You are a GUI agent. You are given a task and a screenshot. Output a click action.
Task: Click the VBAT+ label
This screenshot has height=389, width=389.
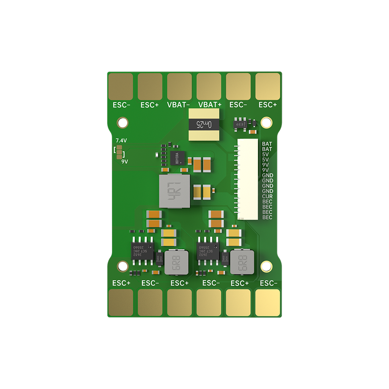tap(210, 105)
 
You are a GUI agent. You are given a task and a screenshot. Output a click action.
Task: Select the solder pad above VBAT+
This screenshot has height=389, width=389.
tap(209, 86)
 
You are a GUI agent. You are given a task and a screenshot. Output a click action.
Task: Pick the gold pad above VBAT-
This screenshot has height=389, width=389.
tap(179, 86)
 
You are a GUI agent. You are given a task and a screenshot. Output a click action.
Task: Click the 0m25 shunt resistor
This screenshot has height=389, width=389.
tap(204, 124)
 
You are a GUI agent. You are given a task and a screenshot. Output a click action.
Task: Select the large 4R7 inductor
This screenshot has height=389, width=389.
tap(174, 191)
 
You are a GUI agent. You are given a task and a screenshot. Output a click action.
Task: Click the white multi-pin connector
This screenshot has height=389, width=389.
tap(248, 180)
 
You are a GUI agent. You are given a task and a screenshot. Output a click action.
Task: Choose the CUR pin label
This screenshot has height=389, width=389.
tap(267, 196)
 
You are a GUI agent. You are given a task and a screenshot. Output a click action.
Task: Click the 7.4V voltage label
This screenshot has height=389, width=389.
tap(121, 140)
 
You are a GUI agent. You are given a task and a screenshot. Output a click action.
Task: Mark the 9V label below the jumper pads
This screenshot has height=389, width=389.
tap(124, 161)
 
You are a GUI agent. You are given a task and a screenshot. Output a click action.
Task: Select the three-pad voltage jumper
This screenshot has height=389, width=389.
tap(119, 152)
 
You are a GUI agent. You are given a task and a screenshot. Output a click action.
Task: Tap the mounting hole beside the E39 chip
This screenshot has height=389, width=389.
tap(267, 121)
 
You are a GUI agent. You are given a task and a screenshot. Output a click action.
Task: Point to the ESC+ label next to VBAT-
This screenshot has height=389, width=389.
tap(149, 105)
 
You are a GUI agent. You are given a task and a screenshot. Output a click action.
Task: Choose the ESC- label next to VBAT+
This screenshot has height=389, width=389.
tap(238, 105)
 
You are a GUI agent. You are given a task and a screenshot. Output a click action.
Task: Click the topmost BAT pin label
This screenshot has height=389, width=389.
tap(267, 144)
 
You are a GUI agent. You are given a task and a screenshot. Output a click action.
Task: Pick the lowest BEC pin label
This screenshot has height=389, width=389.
tap(267, 217)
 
